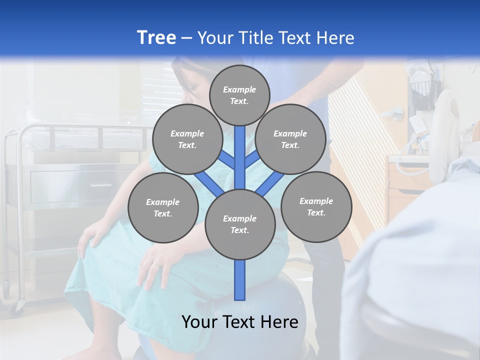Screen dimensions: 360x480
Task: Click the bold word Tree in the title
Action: pos(156,37)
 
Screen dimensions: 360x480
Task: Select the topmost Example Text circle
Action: pos(239,95)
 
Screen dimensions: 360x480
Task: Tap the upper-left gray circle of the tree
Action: pos(187,139)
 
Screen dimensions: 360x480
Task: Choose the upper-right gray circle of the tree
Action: pos(290,139)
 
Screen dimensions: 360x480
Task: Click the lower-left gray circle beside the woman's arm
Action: pos(163,207)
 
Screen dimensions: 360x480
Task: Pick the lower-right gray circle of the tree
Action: pos(316,206)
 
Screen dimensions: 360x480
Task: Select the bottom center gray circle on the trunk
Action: pos(240,224)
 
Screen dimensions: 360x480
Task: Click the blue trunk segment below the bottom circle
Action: pos(240,280)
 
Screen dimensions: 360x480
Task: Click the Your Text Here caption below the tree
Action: pos(240,322)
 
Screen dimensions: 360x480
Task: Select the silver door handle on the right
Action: pos(396,113)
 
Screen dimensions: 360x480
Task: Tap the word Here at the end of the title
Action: pos(337,38)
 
